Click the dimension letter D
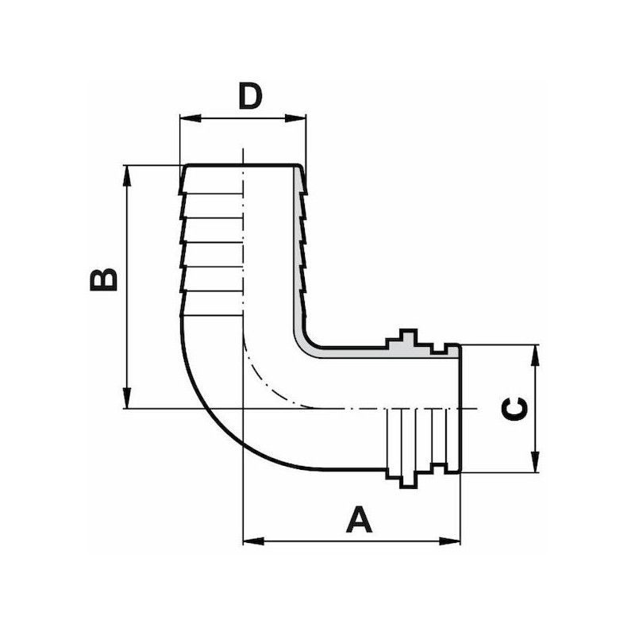250,96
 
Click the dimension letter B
104,279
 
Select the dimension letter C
514,409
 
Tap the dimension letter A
359,519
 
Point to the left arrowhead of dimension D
190,118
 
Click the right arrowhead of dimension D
295,118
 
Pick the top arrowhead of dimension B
128,175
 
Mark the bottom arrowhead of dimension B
128,398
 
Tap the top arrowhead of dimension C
535,355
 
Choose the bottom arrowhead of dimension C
535,462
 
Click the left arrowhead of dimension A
253,541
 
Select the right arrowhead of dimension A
449,541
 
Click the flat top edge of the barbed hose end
243,165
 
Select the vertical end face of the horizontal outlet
460,408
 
